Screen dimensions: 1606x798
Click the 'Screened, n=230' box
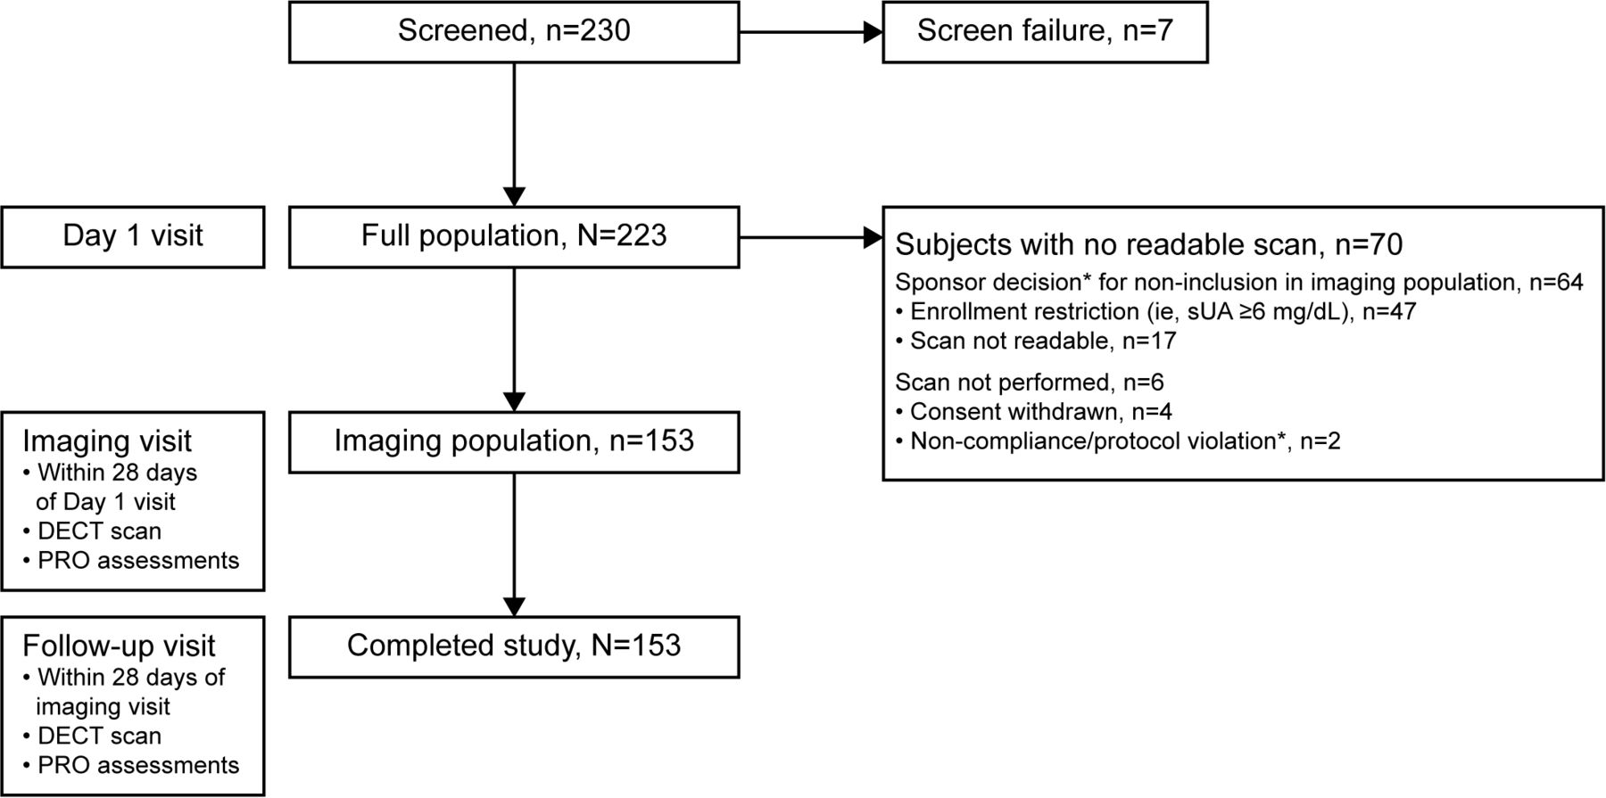pos(514,32)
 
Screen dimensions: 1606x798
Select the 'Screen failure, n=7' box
pos(1045,32)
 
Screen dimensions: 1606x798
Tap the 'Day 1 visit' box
pos(133,237)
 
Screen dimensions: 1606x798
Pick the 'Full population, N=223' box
pos(514,237)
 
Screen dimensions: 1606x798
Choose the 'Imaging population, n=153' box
pos(514,442)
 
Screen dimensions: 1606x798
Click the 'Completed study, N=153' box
pos(514,647)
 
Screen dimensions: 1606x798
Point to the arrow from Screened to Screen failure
pos(811,33)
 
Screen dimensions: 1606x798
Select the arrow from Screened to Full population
pos(515,135)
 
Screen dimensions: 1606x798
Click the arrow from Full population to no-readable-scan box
pos(811,238)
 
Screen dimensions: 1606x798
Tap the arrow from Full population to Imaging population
pos(515,340)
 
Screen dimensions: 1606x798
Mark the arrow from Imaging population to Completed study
pos(515,545)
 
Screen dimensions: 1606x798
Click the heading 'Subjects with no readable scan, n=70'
pos(1149,244)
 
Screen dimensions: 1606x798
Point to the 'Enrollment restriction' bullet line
pos(1156,311)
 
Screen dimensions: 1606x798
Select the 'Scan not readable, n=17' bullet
pos(1037,341)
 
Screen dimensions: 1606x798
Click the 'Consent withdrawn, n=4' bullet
pos(1034,412)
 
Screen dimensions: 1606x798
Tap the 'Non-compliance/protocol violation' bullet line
pos(1118,441)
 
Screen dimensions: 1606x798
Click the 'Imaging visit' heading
pos(107,441)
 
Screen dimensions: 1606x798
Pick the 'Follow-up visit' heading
pos(119,646)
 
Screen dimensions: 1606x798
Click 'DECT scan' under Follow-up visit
pos(93,736)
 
